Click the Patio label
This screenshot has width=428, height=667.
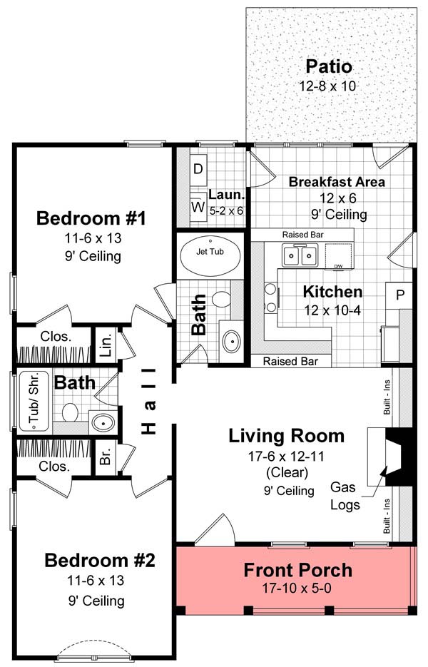[329, 67]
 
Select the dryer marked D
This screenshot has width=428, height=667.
[199, 170]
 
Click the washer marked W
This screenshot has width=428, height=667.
[198, 207]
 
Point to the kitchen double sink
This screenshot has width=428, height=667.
[300, 255]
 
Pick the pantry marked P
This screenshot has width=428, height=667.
[399, 294]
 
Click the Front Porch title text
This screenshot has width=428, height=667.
[297, 570]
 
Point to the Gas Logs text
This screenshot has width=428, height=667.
[345, 496]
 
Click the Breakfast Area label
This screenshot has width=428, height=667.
[337, 182]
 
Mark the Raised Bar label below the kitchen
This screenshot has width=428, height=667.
[290, 362]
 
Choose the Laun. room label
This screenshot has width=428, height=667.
[227, 195]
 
